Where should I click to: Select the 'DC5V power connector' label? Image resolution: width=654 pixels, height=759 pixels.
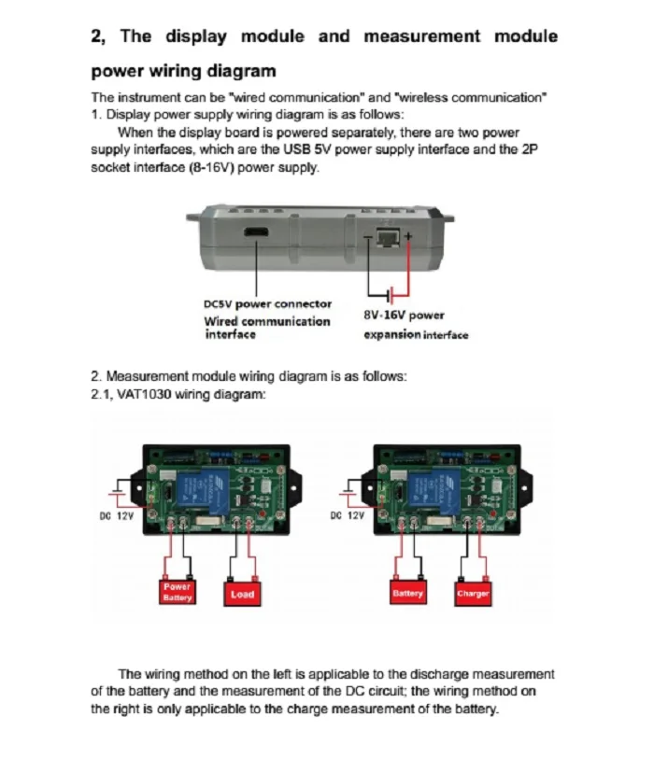tap(267, 304)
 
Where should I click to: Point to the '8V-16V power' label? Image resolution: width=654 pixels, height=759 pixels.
tap(404, 316)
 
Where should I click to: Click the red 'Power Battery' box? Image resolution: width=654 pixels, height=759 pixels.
tap(177, 592)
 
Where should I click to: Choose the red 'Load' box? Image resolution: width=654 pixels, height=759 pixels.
tap(242, 594)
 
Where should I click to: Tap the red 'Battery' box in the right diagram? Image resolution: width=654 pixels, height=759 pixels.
tap(407, 593)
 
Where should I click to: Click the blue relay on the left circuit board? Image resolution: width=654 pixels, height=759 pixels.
tap(205, 487)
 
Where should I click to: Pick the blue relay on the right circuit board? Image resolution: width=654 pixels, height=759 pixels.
tap(435, 487)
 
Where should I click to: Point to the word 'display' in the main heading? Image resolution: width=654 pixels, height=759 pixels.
tap(196, 37)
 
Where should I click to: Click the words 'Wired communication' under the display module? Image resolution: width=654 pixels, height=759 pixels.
tap(266, 322)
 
